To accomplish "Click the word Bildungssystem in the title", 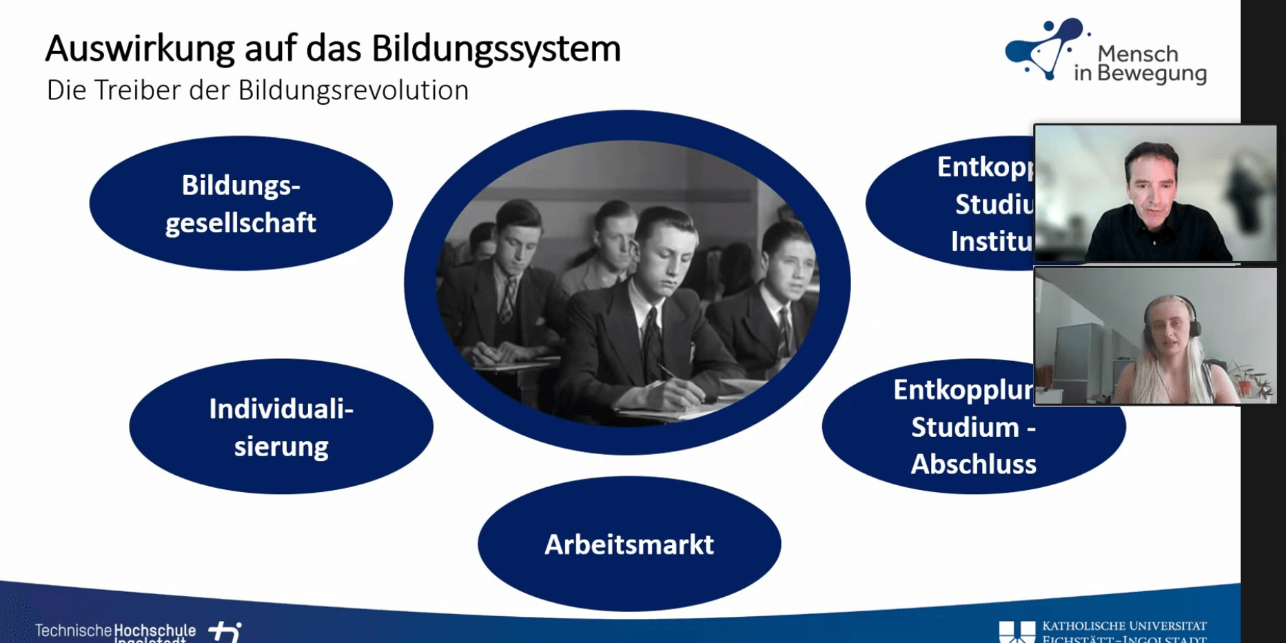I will pyautogui.click(x=496, y=49).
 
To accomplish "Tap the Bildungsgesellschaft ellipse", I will pyautogui.click(x=241, y=203).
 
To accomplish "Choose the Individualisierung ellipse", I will pyautogui.click(x=280, y=427).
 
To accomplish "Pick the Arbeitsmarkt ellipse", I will pyautogui.click(x=629, y=544).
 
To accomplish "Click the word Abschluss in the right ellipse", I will pyautogui.click(x=973, y=465).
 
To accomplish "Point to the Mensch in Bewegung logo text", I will pyautogui.click(x=1140, y=63).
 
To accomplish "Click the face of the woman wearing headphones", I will pyautogui.click(x=1169, y=331).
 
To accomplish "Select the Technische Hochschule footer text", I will pyautogui.click(x=115, y=631).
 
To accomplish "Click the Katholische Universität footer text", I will pyautogui.click(x=1123, y=631).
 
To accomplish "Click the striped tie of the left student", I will pyautogui.click(x=508, y=300).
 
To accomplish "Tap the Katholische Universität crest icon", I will pyautogui.click(x=1017, y=631).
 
